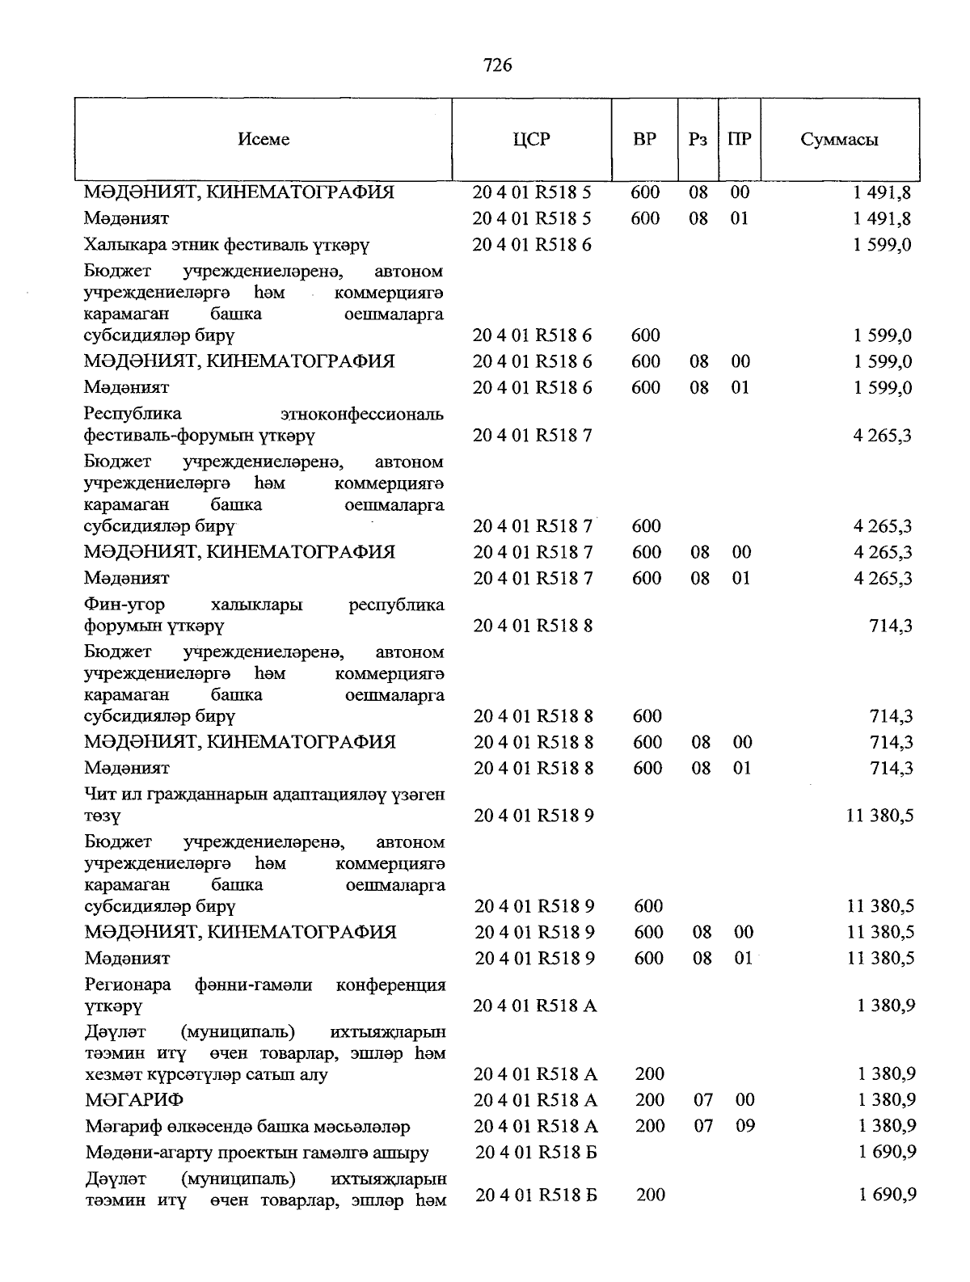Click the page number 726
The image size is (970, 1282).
pyautogui.click(x=497, y=65)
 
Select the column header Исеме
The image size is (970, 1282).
pyautogui.click(x=264, y=139)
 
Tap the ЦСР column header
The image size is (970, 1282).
pyautogui.click(x=531, y=139)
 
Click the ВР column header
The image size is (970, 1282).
pyautogui.click(x=644, y=139)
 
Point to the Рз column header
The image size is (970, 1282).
pyautogui.click(x=698, y=139)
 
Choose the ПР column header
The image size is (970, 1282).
pyautogui.click(x=739, y=139)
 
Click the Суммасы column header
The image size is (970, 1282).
pyautogui.click(x=839, y=139)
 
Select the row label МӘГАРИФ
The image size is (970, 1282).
pyautogui.click(x=134, y=1099)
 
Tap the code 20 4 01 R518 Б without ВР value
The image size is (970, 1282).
pyautogui.click(x=536, y=1152)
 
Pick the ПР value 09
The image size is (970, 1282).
pyautogui.click(x=744, y=1125)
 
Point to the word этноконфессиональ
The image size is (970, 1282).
pyautogui.click(x=362, y=415)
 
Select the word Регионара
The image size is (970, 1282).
pyautogui.click(x=128, y=985)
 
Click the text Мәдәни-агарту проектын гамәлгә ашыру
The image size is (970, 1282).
pyautogui.click(x=257, y=1152)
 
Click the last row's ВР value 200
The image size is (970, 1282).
pyautogui.click(x=651, y=1194)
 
